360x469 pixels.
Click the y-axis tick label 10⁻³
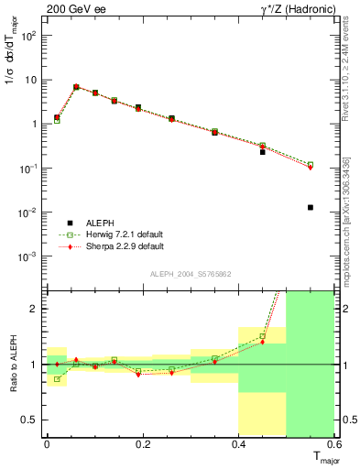pyautogui.click(x=27, y=256)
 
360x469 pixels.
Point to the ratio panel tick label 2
pyautogui.click(x=35, y=309)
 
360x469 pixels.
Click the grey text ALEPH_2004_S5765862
pyautogui.click(x=191, y=274)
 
